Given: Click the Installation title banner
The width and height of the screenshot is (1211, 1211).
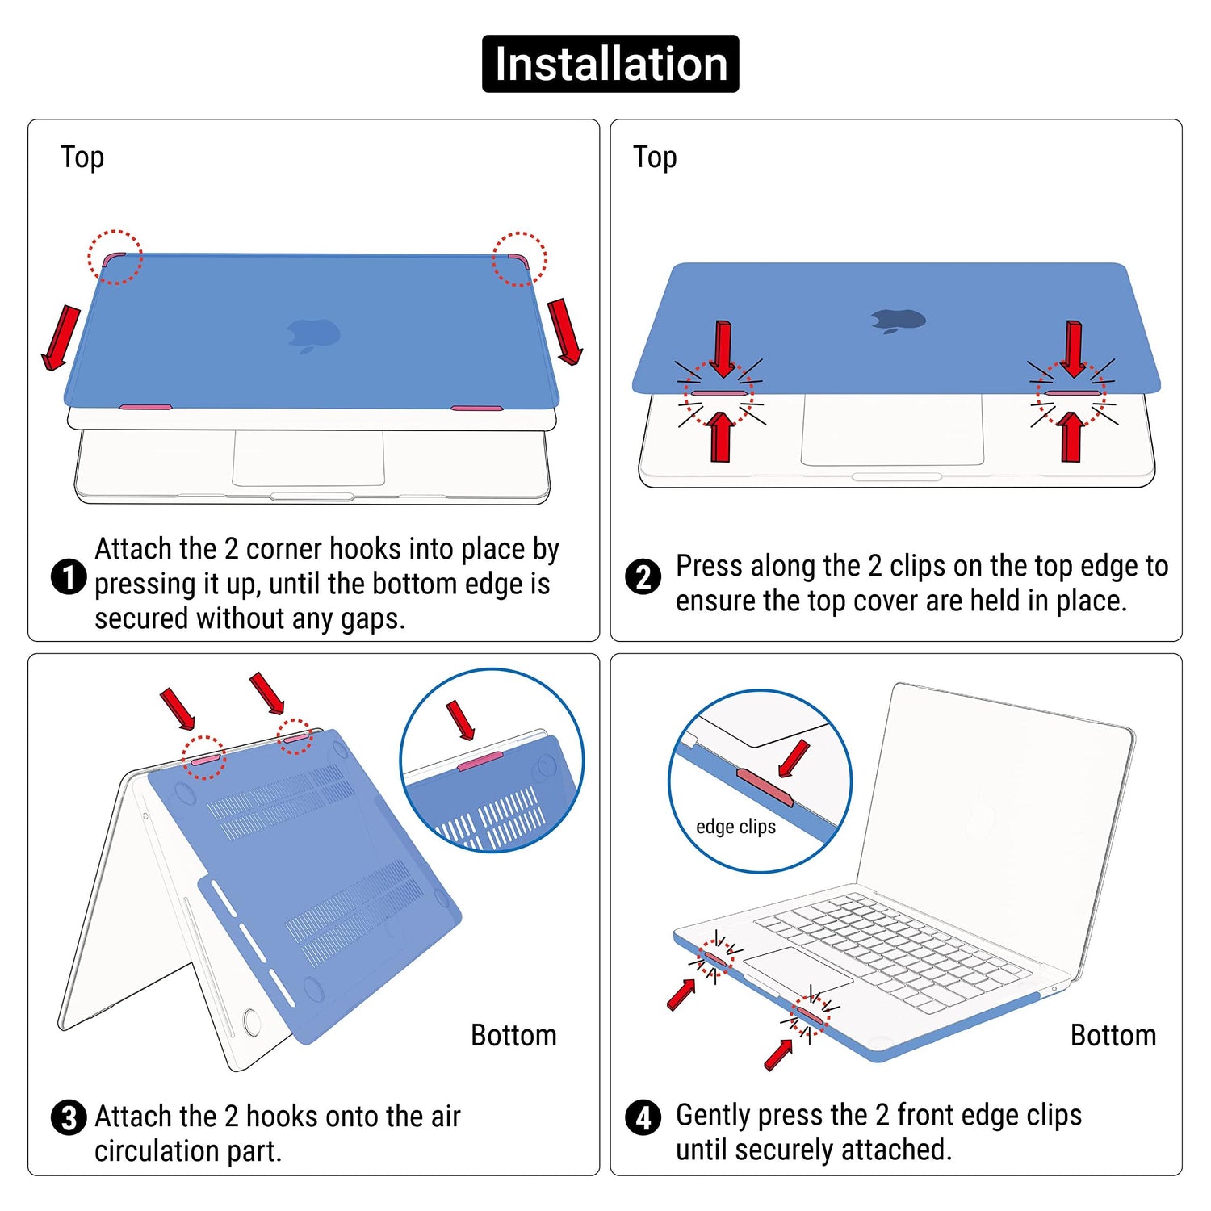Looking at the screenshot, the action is point(610,64).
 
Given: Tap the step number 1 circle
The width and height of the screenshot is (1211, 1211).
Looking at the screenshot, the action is point(69,577).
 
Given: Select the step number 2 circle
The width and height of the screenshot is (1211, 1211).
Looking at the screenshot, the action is point(643,577).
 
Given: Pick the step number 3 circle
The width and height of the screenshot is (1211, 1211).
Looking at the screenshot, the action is point(69,1118).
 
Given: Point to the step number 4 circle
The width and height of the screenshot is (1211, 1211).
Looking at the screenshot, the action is point(643,1118).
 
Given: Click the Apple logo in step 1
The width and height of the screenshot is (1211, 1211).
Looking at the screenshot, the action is point(314,335).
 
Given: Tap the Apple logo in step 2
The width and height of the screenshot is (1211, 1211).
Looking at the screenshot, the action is point(898,321).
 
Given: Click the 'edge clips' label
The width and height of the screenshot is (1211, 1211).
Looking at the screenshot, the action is point(735,827).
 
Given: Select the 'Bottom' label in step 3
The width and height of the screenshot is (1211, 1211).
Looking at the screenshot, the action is point(513,1035).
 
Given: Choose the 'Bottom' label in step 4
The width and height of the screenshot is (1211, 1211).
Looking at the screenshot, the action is point(1113,1035).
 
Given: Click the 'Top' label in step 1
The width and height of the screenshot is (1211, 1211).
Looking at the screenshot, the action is point(82,157).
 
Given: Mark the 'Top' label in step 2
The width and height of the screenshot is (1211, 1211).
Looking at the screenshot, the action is point(655,157).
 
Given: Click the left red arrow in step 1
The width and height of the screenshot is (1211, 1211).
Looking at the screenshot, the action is point(61,338).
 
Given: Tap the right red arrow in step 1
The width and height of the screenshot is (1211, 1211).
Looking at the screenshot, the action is point(565,332).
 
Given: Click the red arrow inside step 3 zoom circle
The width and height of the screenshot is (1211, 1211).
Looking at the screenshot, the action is point(461,720).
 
